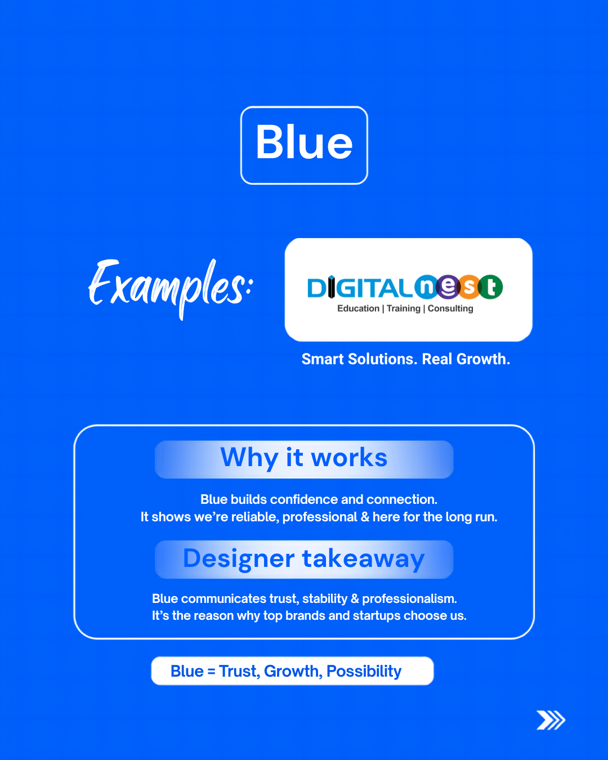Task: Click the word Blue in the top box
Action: click(304, 142)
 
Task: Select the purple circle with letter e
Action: click(448, 287)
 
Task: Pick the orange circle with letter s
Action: click(469, 287)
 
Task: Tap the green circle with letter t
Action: click(490, 287)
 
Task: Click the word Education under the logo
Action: click(358, 309)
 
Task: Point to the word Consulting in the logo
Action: click(450, 309)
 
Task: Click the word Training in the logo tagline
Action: click(404, 309)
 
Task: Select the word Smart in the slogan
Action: click(323, 359)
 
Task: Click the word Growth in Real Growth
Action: click(483, 359)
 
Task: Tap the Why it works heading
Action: click(304, 458)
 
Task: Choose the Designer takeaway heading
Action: click(304, 558)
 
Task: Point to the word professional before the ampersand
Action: click(320, 517)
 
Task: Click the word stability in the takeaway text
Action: click(325, 599)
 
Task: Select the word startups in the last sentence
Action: click(377, 616)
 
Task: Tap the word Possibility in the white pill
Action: click(364, 672)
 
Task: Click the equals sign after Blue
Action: click(211, 672)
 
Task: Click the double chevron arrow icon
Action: click(551, 720)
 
